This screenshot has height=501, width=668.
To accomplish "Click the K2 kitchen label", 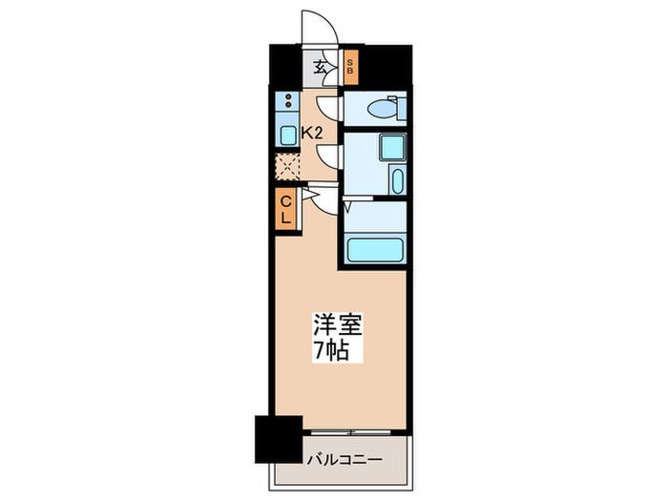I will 311,134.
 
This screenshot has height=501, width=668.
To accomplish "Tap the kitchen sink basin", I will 286,136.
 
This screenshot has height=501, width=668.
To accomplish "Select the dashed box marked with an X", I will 286,167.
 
